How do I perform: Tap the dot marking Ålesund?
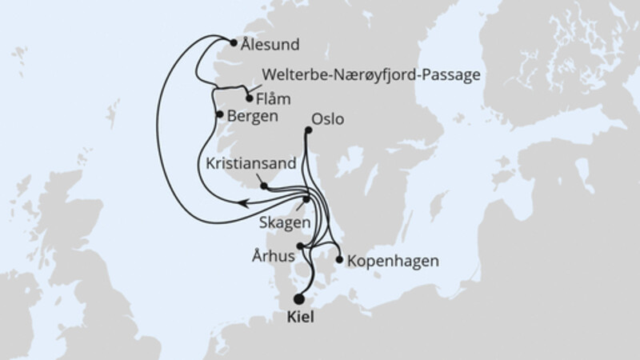click(233, 43)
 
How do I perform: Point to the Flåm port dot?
click(250, 99)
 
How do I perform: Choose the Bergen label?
click(253, 116)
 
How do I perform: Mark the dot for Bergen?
click(219, 114)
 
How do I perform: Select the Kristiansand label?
click(250, 162)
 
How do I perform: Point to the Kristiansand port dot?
click(264, 187)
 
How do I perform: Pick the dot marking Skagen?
click(306, 199)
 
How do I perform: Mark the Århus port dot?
click(300, 246)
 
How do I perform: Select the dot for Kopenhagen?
click(341, 260)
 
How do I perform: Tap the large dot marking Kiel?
click(299, 299)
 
